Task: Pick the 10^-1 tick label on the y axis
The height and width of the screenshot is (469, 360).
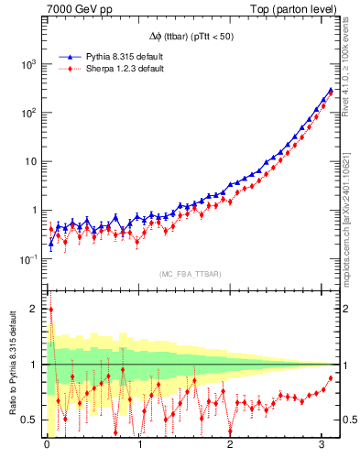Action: [x=29, y=259]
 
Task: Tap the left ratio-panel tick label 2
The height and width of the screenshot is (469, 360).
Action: [x=33, y=309]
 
